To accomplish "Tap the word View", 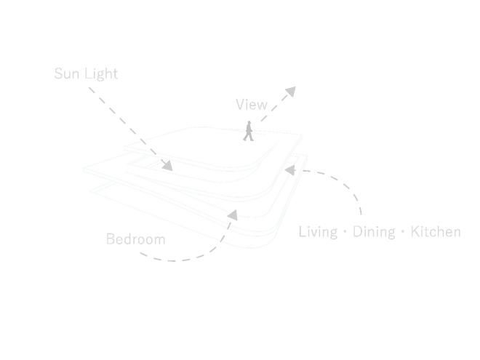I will [x=254, y=105].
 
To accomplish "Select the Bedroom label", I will [x=135, y=239].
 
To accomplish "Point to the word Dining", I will [x=374, y=233].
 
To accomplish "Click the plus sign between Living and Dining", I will [x=345, y=234].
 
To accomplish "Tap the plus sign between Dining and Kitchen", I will [x=402, y=234].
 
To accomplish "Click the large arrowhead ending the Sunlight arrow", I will [x=169, y=165].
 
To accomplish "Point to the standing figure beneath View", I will [x=250, y=135].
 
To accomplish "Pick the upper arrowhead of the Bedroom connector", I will [x=234, y=216].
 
